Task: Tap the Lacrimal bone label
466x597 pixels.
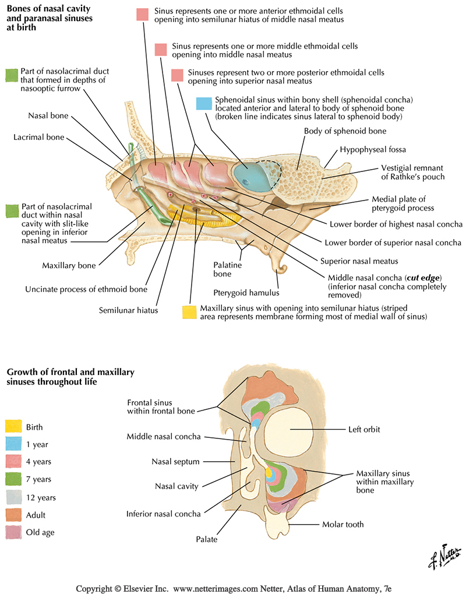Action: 39,138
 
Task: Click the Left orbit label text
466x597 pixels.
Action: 364,430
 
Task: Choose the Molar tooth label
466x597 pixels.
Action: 343,524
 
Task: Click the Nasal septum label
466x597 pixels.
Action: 175,462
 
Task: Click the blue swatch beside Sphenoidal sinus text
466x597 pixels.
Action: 203,103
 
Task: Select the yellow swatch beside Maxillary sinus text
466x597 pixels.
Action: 189,312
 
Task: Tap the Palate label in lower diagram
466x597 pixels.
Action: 207,539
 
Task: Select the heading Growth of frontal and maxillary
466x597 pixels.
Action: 70,371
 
